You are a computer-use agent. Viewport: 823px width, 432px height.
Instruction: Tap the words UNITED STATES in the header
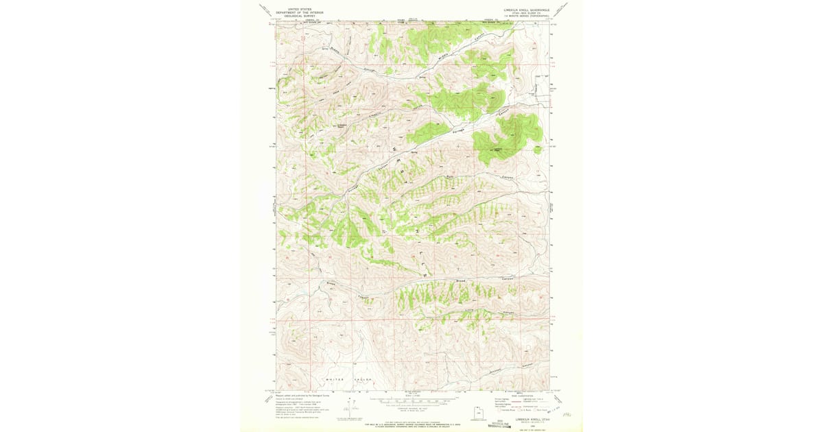[289, 10]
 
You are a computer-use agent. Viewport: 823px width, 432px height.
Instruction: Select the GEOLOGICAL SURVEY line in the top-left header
[289, 15]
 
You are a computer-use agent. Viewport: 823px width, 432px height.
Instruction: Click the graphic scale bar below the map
[412, 400]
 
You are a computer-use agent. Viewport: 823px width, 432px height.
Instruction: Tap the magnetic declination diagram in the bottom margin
[348, 409]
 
